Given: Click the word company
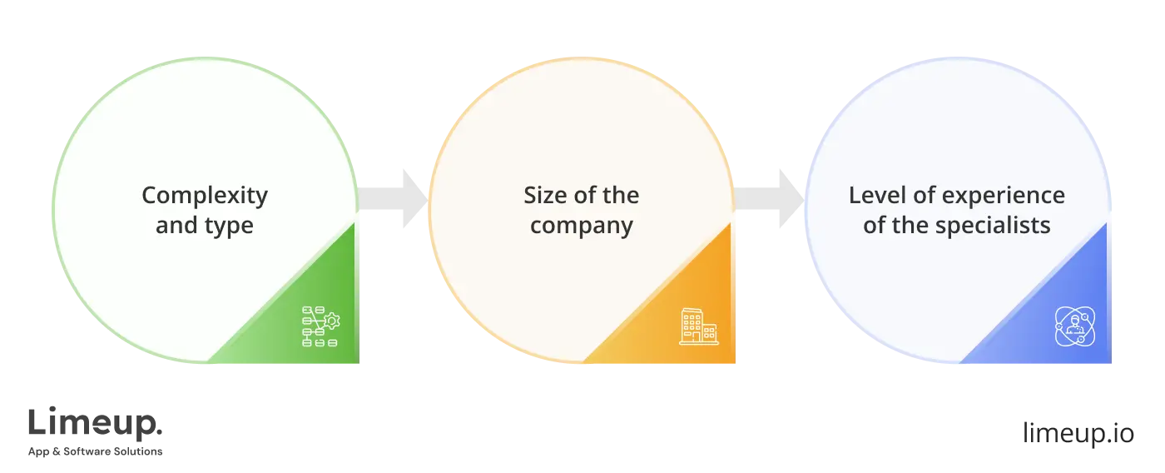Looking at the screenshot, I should pos(582,227).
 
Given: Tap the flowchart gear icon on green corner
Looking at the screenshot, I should pos(320,326).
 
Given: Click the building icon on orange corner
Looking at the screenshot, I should pos(698,326).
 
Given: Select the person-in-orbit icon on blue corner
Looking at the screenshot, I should pos(1075,326).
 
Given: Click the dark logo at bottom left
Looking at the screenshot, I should pos(96,431).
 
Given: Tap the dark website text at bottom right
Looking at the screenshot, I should pos(1078,433).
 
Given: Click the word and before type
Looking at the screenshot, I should pos(176,227).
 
